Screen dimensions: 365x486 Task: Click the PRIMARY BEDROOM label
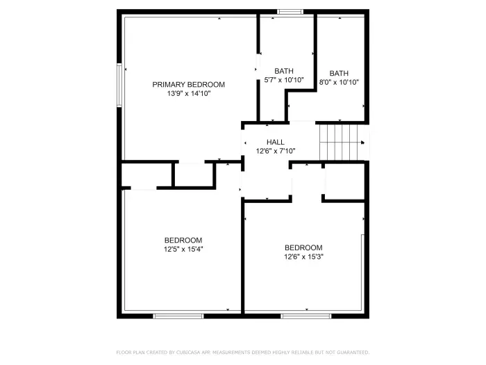tap(188, 84)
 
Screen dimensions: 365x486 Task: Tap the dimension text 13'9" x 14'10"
tap(188, 92)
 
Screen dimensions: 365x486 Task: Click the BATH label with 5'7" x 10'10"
tap(283, 71)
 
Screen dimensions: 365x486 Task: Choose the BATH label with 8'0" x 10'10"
tap(339, 73)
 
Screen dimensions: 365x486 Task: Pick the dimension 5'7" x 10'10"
tap(283, 79)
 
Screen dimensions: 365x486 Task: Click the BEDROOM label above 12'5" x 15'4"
tap(183, 240)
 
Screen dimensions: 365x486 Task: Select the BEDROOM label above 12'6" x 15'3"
tap(303, 248)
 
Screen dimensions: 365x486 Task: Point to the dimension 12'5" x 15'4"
tap(183, 248)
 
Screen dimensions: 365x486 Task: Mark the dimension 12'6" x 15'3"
tap(303, 256)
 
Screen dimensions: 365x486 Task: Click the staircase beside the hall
tap(340, 142)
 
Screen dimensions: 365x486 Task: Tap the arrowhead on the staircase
tap(363, 142)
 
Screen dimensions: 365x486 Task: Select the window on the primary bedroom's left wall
tap(119, 85)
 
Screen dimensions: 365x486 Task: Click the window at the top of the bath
tap(290, 12)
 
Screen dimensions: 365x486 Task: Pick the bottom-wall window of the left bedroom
tap(178, 316)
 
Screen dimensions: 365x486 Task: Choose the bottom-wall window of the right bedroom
tap(305, 316)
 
